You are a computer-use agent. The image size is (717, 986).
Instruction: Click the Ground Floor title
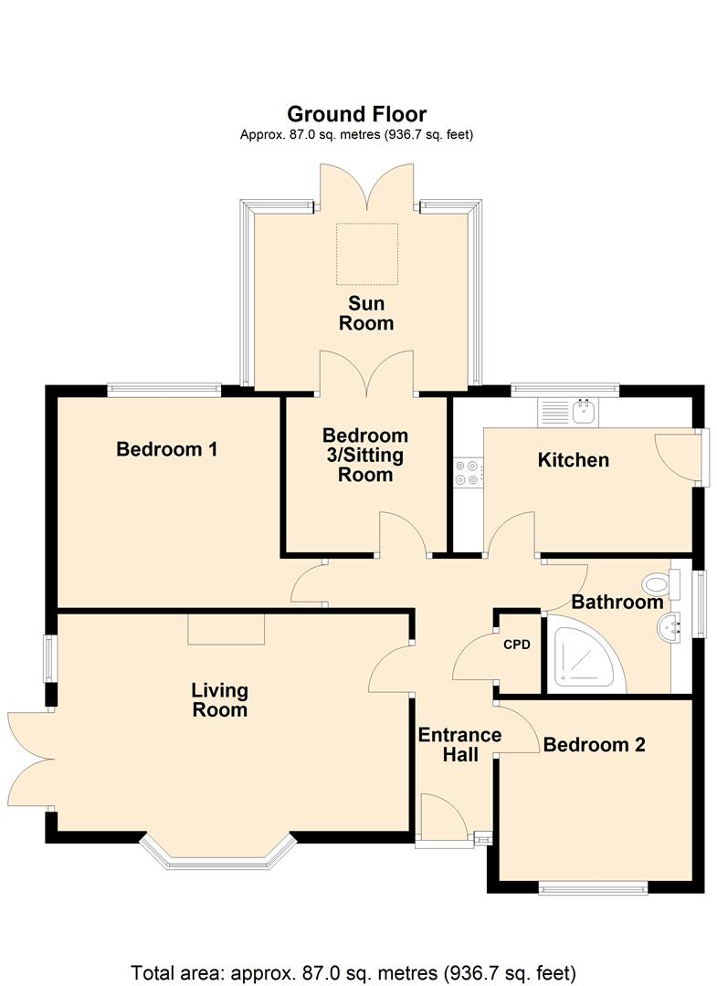356,114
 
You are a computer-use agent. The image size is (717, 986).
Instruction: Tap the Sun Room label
366,313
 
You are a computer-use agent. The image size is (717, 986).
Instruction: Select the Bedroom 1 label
166,449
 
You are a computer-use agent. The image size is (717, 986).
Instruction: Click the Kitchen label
573,459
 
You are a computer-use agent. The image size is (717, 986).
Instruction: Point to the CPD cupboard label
517,645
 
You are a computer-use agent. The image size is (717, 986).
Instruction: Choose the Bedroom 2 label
595,745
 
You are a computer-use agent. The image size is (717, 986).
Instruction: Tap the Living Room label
219,700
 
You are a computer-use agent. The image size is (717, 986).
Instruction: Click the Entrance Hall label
459,745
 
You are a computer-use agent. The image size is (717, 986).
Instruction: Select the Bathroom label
617,602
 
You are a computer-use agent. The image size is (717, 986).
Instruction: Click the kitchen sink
568,413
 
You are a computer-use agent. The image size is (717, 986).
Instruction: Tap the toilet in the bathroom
661,584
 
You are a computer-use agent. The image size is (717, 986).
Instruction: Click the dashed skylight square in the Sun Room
367,254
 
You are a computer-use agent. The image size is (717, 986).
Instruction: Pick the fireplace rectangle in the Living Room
227,629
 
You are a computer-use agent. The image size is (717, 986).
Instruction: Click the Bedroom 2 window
593,888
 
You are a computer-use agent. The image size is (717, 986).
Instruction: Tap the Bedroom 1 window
164,390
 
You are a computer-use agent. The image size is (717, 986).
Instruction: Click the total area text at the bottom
353,973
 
